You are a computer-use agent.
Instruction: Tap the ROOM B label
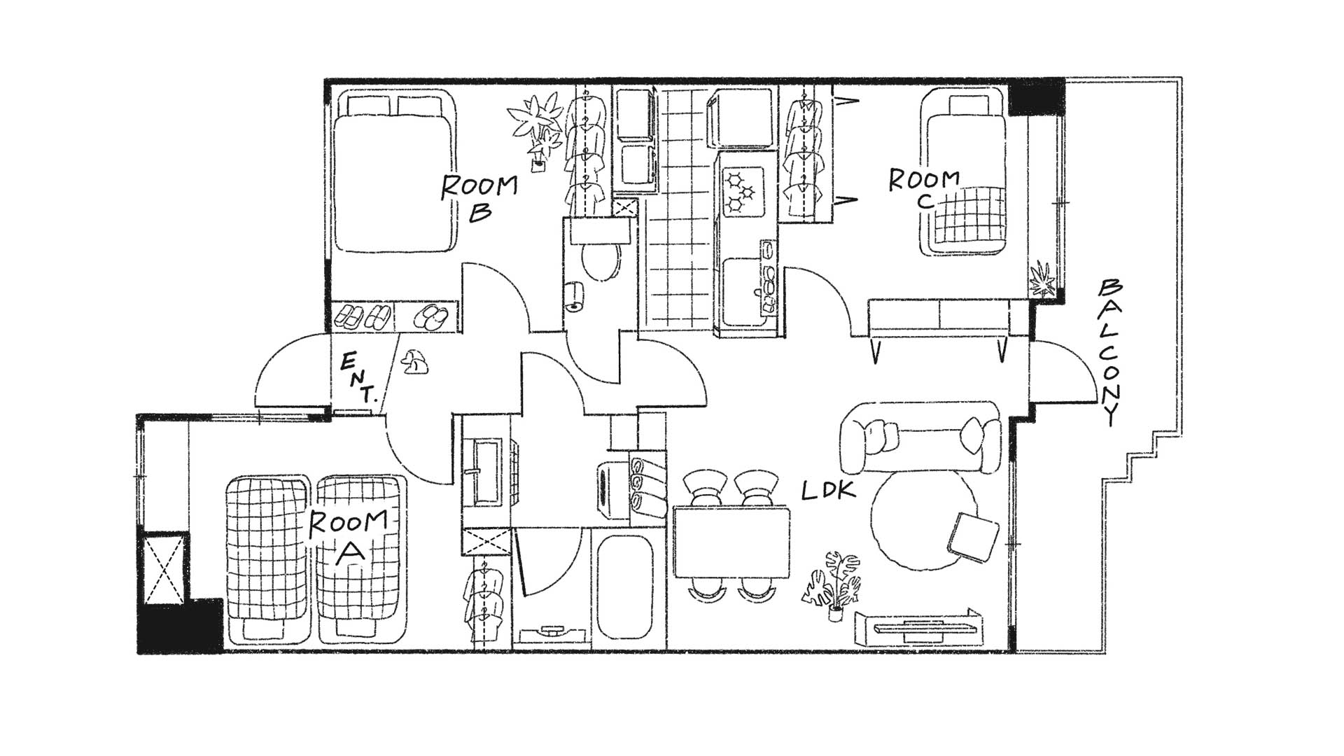(479, 197)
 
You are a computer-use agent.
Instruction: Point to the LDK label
(829, 491)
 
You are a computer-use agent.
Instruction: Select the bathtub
(625, 587)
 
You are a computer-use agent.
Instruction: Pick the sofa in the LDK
(920, 437)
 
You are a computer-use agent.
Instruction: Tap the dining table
(731, 542)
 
